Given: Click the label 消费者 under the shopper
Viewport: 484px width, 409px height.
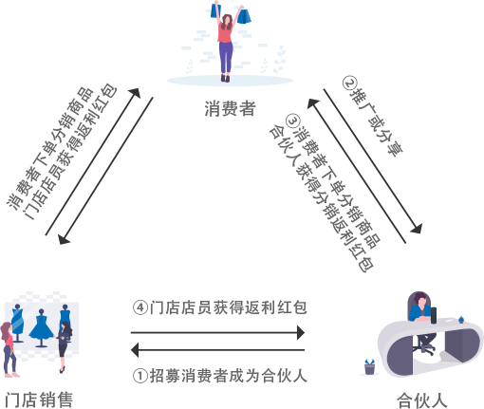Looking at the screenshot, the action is coord(230,108).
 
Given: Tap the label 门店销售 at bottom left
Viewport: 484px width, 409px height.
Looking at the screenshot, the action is coord(39,400).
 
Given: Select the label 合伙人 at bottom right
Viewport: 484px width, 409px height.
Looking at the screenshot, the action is coord(422,400).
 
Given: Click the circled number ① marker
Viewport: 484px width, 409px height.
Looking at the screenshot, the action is coord(140,376).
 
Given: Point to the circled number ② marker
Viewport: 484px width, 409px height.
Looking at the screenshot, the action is coord(350,84).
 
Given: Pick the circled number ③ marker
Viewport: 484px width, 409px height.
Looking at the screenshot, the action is coord(292,121).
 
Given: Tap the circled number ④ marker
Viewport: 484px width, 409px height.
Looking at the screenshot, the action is coord(140,307).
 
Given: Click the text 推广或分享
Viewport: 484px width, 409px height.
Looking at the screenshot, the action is coord(377,122).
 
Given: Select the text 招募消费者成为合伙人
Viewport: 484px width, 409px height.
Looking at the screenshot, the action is coord(228,376).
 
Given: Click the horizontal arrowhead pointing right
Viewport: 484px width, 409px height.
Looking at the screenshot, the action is coord(301,333).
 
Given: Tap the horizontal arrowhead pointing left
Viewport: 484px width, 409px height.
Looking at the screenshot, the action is coord(135,350).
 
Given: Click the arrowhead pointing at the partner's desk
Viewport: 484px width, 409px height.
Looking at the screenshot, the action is coord(417,228).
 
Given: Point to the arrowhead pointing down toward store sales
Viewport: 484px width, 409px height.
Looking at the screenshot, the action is coord(65,239).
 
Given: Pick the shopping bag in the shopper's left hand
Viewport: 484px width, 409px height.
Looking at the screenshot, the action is coord(244,16).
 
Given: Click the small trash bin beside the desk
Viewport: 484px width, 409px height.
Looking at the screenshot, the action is coord(369,367).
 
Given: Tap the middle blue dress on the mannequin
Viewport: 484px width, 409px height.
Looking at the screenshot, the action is coord(41,326).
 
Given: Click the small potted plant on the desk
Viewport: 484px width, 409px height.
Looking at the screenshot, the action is coord(461,319).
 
